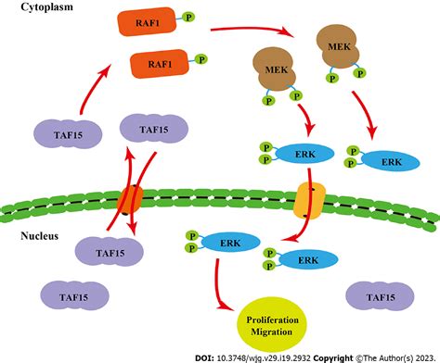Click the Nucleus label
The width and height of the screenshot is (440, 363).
[40, 236]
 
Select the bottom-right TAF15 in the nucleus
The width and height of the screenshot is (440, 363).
[376, 296]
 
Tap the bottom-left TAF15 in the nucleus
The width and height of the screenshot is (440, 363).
[58, 296]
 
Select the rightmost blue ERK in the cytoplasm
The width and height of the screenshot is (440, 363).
[382, 160]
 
